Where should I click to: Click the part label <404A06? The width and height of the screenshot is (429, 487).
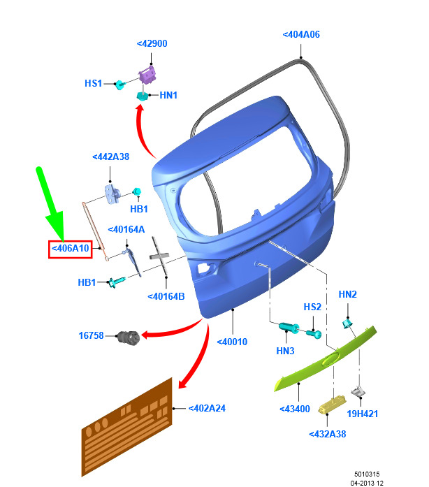click(x=301, y=34)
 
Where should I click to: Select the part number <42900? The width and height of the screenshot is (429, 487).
click(x=152, y=43)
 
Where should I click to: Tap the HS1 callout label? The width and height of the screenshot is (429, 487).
click(x=93, y=83)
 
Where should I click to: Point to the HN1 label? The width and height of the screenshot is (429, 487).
click(x=168, y=95)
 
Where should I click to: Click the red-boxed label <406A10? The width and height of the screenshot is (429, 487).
click(x=70, y=249)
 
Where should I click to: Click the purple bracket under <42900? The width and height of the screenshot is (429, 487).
click(x=147, y=75)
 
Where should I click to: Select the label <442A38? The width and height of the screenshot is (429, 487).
click(x=110, y=157)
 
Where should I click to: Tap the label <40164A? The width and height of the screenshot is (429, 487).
click(x=126, y=229)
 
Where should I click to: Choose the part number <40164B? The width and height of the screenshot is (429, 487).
click(x=166, y=297)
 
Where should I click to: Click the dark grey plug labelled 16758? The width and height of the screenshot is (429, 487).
click(x=129, y=337)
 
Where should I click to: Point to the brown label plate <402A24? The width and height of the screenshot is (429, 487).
click(x=126, y=427)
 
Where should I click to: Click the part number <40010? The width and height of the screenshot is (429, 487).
click(x=232, y=342)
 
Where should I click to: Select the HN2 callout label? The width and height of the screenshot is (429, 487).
click(x=348, y=294)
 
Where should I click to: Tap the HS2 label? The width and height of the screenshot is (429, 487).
click(x=312, y=307)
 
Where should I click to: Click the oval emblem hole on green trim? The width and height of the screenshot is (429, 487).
click(x=330, y=360)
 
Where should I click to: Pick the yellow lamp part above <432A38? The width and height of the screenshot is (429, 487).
click(x=332, y=405)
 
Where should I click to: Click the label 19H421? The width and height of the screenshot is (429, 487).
click(x=362, y=414)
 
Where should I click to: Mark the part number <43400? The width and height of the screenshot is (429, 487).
click(x=295, y=409)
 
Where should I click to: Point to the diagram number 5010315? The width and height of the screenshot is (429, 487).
click(x=367, y=474)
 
